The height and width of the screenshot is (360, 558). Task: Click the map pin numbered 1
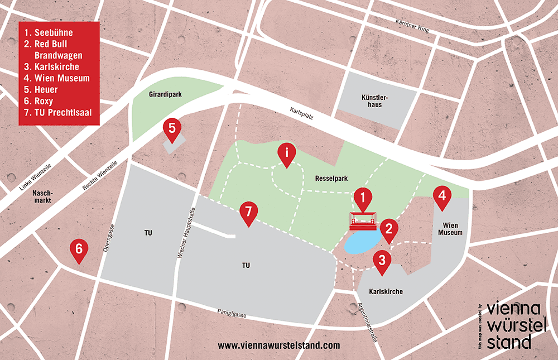[x=363, y=199]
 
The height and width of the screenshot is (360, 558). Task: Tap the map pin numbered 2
[x=388, y=229]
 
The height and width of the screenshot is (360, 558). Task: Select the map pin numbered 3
[x=382, y=261]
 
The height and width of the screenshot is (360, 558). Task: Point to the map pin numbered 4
[x=442, y=197]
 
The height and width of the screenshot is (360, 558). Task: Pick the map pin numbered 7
[x=249, y=213]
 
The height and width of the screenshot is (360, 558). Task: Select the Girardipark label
[x=162, y=94]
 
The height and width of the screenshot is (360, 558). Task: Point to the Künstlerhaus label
[x=375, y=101]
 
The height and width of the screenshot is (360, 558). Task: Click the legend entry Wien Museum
[x=61, y=78]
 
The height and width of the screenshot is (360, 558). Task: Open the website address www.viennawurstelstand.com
[x=278, y=345]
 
